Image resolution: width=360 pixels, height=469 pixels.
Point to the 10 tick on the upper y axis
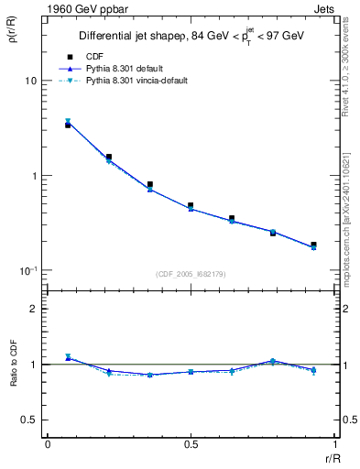point(31,81)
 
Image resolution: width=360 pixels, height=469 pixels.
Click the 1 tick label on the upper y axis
point(34,176)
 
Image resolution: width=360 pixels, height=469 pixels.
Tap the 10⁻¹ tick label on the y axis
point(29,270)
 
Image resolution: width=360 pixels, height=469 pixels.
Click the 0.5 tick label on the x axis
point(191,443)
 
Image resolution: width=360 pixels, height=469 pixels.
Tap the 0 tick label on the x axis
point(47,443)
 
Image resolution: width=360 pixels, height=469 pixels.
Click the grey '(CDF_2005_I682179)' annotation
point(190,273)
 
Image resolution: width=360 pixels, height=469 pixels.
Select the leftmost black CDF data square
point(68,125)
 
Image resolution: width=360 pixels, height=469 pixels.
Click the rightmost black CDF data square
point(313,245)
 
